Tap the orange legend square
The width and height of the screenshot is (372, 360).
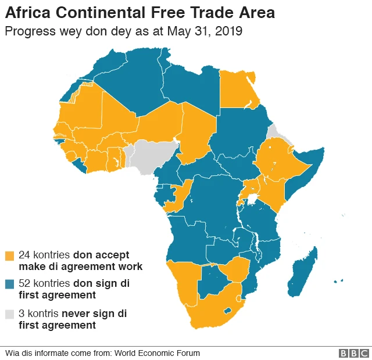click(9, 255)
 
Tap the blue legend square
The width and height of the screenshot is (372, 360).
click(9, 284)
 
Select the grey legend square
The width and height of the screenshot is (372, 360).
click(9, 314)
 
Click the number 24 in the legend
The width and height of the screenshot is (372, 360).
click(24, 255)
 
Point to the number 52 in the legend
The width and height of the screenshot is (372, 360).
click(24, 283)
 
